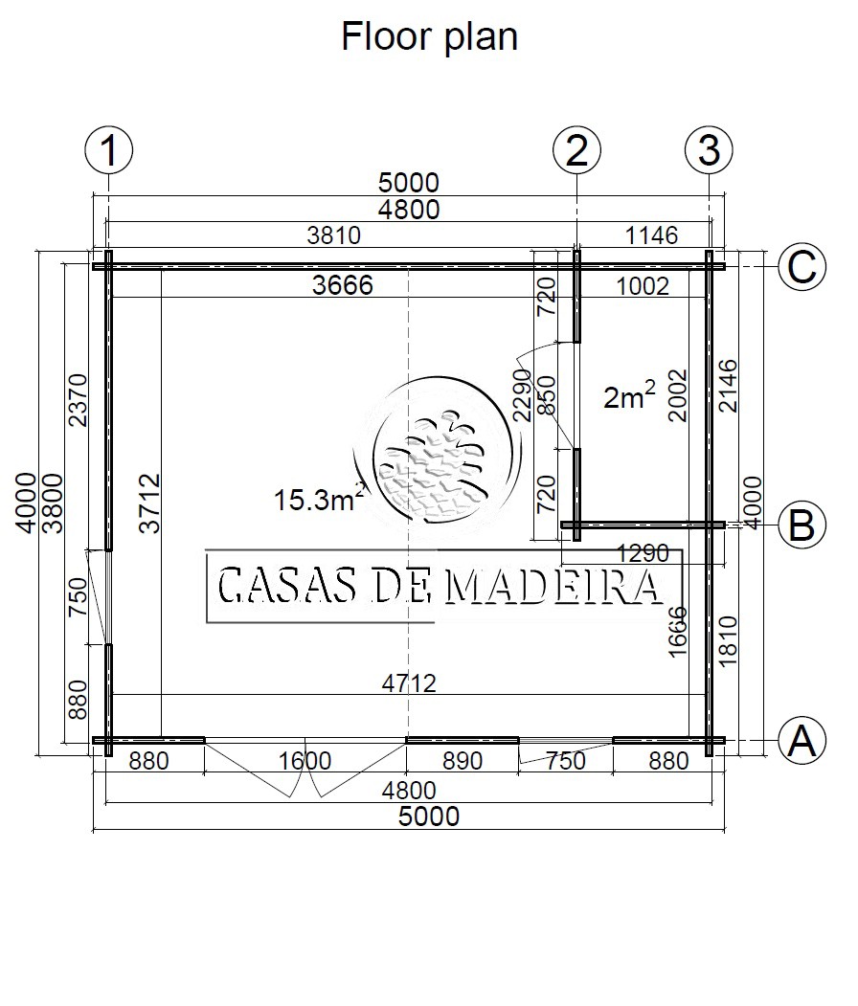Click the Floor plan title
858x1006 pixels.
point(429,37)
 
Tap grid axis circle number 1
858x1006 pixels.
point(109,151)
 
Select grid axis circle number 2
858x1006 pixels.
point(576,151)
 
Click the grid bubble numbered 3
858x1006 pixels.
point(710,151)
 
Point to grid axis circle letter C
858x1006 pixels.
point(802,266)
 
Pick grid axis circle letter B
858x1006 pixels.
point(802,525)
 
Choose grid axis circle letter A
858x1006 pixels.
point(802,741)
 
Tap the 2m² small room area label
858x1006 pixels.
point(629,395)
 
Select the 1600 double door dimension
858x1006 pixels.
point(305,761)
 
